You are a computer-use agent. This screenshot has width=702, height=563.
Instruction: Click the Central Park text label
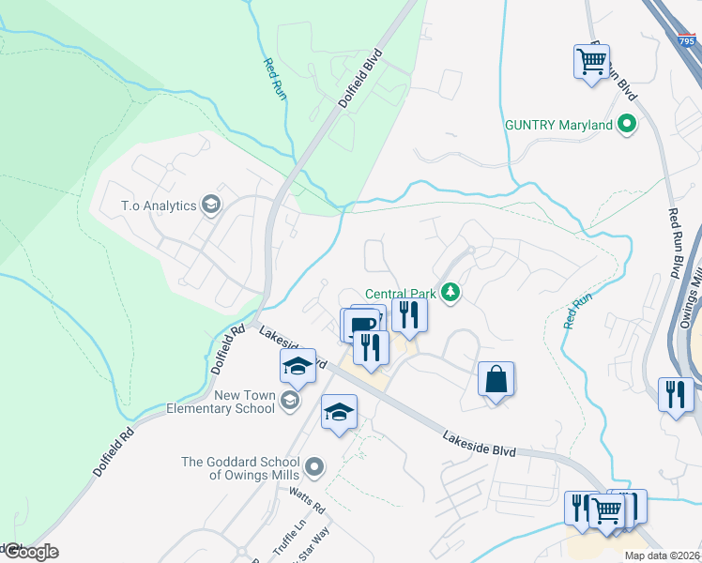(x=402, y=293)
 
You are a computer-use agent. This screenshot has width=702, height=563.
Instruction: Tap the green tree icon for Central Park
(x=452, y=293)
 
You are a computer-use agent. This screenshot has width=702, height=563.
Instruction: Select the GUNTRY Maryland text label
(x=558, y=124)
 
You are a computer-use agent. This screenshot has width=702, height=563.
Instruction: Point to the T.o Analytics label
(x=158, y=205)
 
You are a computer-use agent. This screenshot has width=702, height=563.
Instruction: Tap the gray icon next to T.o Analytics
(x=212, y=205)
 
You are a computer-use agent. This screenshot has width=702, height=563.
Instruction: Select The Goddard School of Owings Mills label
(x=240, y=467)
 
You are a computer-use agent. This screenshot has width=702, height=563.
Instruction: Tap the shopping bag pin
(x=495, y=380)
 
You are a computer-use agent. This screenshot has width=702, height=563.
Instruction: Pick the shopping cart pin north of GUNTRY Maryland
(x=591, y=62)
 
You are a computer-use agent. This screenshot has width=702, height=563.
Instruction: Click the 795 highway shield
(x=688, y=41)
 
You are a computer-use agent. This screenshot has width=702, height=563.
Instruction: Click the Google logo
(x=30, y=552)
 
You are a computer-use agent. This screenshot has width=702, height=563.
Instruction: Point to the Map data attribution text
(x=662, y=555)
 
